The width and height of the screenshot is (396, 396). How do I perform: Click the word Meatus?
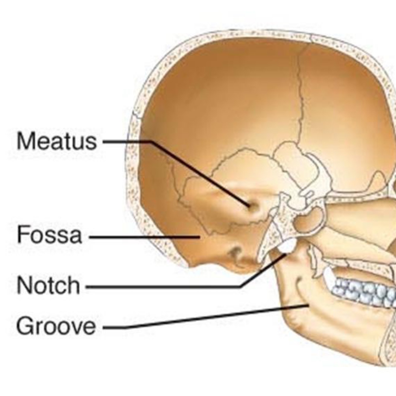pos(56,141)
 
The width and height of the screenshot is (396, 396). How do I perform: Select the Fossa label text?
pos(49,235)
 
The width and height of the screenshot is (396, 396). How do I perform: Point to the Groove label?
pos(56,326)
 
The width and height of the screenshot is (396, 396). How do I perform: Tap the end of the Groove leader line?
pos(308,305)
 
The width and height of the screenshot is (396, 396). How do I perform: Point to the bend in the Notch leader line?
pos(241,287)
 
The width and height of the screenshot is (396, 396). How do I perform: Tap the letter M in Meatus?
pos(24,141)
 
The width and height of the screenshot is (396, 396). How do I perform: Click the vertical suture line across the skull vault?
pos(301,98)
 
